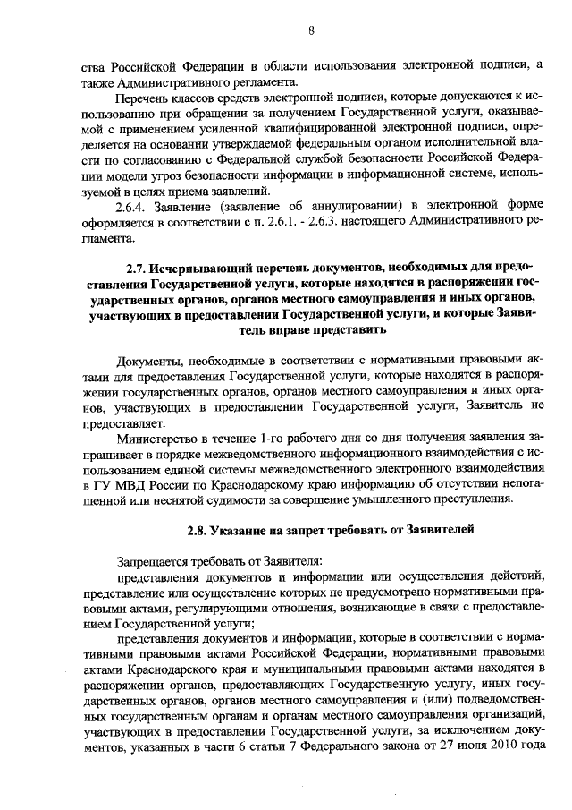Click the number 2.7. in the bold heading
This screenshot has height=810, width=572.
point(134,267)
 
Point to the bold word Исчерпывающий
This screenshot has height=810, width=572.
point(189,267)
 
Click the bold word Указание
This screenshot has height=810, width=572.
point(246,529)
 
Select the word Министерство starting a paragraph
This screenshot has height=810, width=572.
point(159,439)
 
